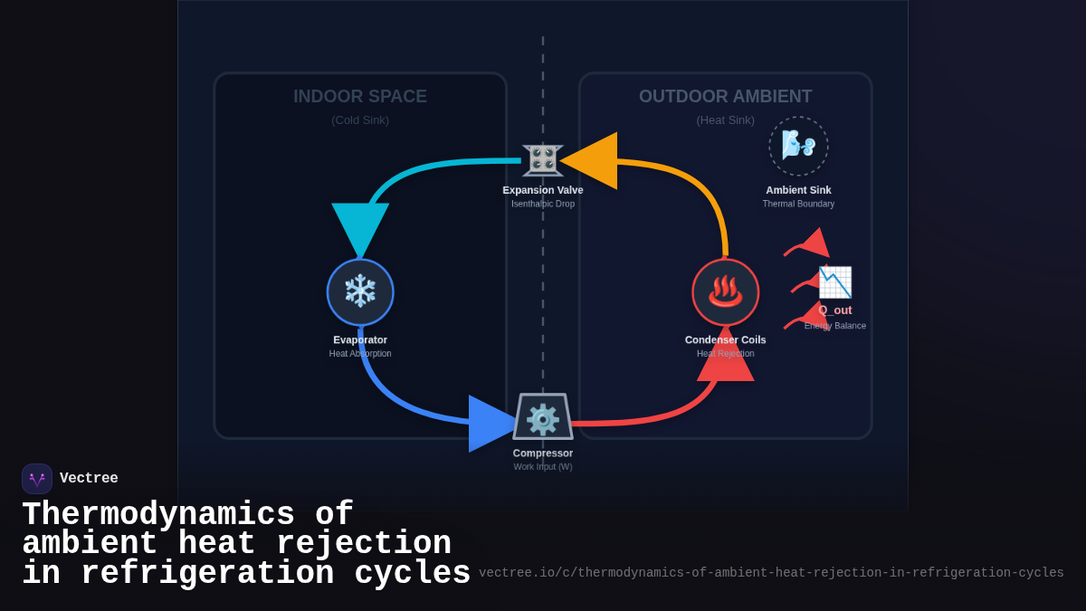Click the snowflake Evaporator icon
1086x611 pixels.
tap(360, 291)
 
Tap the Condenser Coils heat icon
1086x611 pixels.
tap(725, 291)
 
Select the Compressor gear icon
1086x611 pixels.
tap(543, 418)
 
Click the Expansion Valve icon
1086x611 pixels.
tap(543, 159)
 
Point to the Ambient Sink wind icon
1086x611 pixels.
tap(798, 145)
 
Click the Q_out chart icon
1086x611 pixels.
tap(834, 282)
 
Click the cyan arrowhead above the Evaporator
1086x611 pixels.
tap(360, 227)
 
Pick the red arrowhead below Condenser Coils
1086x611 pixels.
tap(725, 355)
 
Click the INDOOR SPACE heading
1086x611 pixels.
tap(360, 96)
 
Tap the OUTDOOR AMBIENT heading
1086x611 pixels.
tap(725, 96)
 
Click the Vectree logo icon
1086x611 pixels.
tap(37, 479)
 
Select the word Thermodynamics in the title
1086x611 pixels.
tap(157, 514)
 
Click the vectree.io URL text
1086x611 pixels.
tap(771, 573)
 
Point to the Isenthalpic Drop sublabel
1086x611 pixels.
tap(543, 204)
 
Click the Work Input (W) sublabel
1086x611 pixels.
tap(543, 467)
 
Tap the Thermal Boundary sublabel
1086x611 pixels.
tap(798, 204)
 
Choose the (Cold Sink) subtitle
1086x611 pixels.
tap(360, 119)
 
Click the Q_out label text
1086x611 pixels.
tap(835, 310)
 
